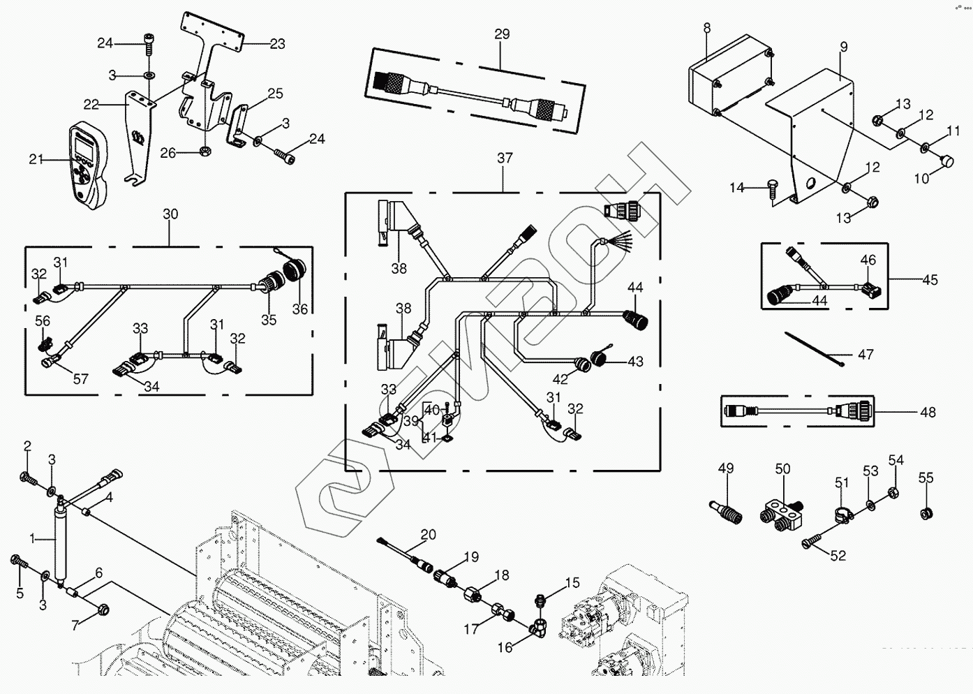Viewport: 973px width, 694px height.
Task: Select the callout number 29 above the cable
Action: pos(502,34)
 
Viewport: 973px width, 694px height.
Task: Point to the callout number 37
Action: pos(505,158)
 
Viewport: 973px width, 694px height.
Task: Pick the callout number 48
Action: pos(927,413)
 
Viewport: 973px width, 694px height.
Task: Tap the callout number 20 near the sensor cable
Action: pos(428,535)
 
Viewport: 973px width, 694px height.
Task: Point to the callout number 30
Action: pos(170,214)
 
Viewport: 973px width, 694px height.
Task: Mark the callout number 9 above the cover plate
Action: pos(844,47)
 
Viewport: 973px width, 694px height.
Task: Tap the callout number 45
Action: pos(930,280)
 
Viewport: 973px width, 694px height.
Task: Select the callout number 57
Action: pos(81,379)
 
